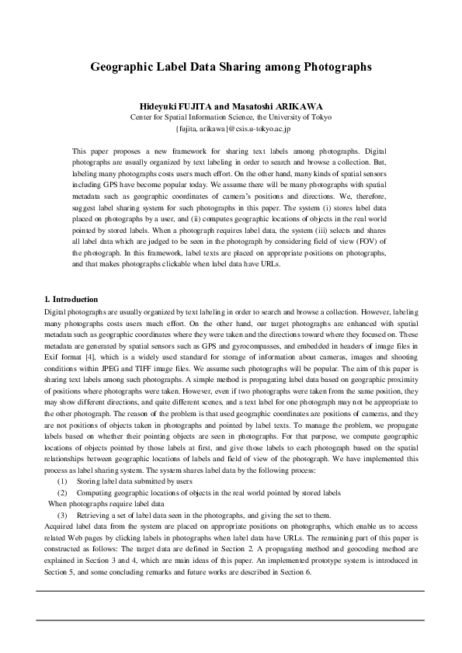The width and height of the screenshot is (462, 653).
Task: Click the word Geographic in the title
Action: click(x=123, y=67)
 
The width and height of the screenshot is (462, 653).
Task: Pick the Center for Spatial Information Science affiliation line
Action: click(x=231, y=116)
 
